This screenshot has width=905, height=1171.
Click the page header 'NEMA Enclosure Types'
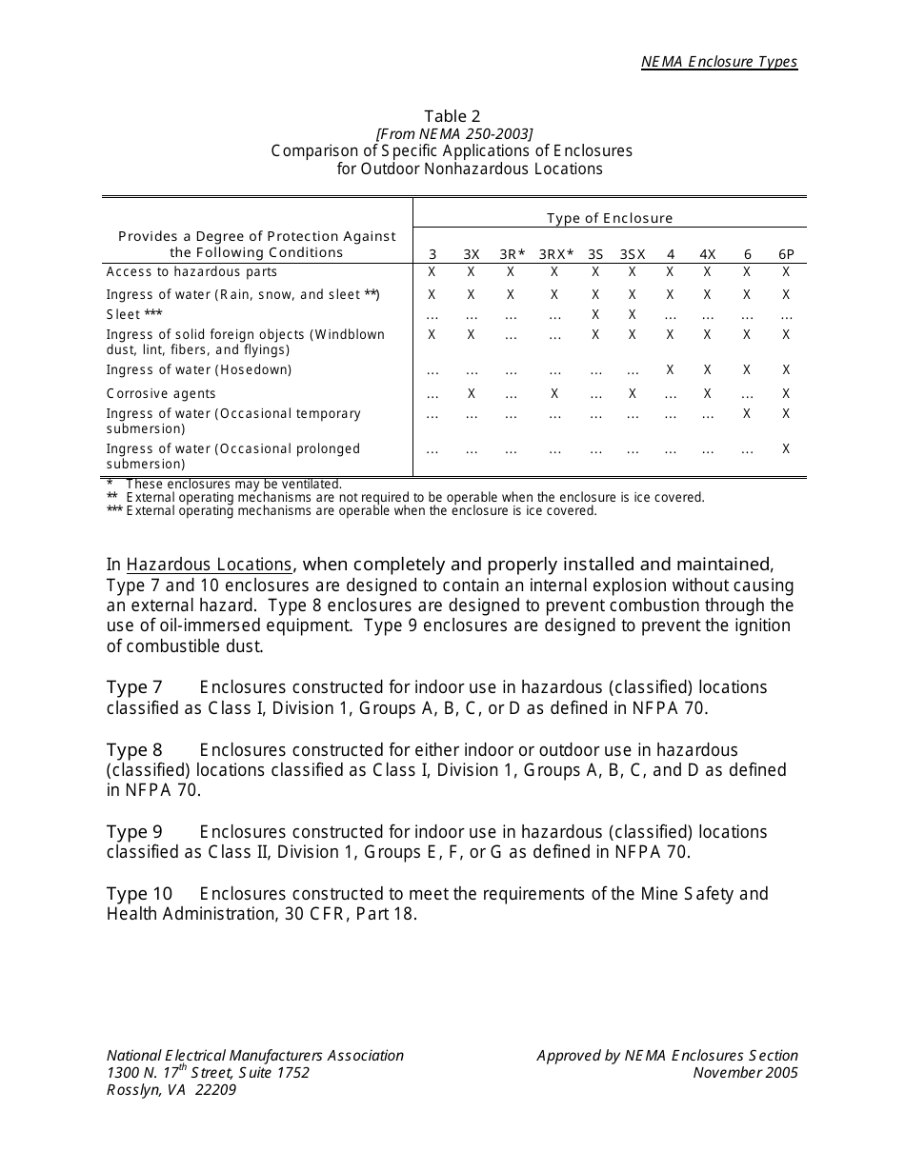point(718,62)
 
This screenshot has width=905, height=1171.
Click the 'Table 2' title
point(452,116)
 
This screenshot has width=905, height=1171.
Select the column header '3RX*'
point(556,254)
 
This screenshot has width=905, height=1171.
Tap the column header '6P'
point(786,254)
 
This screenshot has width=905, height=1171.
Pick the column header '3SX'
point(633,254)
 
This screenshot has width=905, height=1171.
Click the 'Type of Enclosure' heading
point(610,218)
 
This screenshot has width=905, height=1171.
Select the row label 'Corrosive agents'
point(161,393)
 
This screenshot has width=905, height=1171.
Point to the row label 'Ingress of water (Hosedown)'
point(199,369)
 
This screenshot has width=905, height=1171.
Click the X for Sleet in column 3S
point(595,314)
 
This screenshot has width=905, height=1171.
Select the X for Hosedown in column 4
point(671,369)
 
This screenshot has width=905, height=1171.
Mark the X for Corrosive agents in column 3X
point(472,393)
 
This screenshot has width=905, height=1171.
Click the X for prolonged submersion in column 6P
point(786,449)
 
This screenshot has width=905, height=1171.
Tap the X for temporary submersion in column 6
point(748,414)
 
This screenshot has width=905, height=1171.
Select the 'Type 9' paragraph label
point(134,832)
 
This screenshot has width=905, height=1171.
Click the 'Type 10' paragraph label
point(140,894)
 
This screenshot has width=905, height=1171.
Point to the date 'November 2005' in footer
point(745,1073)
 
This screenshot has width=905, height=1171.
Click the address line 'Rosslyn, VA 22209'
point(171,1090)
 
